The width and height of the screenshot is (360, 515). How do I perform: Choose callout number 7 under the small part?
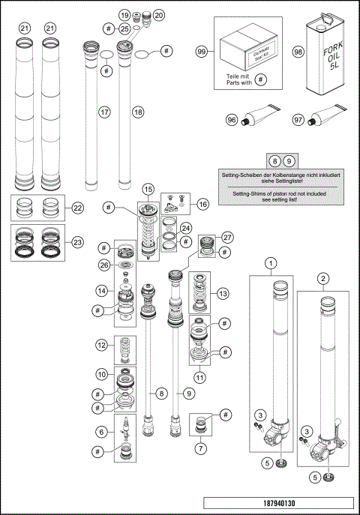click(200, 449)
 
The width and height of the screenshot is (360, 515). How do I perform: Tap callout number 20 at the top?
click(158, 15)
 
